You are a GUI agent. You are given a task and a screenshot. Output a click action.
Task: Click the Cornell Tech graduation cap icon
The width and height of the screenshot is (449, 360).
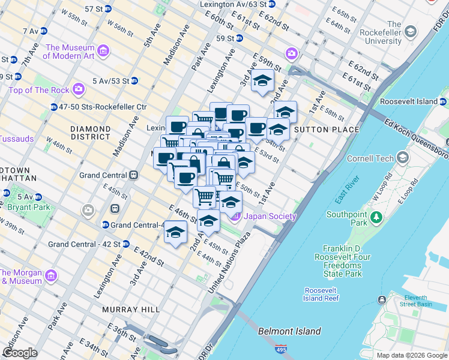[402, 158]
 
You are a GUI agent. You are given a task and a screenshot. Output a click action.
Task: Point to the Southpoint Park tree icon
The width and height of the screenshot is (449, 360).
[377, 216]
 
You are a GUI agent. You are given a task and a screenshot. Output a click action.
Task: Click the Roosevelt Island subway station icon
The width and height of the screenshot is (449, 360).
[443, 101]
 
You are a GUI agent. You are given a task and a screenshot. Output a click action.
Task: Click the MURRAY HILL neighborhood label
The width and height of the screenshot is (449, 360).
[131, 309]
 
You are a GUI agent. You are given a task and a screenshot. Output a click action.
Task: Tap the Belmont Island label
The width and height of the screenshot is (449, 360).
[289, 331]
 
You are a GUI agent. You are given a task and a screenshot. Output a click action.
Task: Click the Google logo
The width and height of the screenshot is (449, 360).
[20, 352]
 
